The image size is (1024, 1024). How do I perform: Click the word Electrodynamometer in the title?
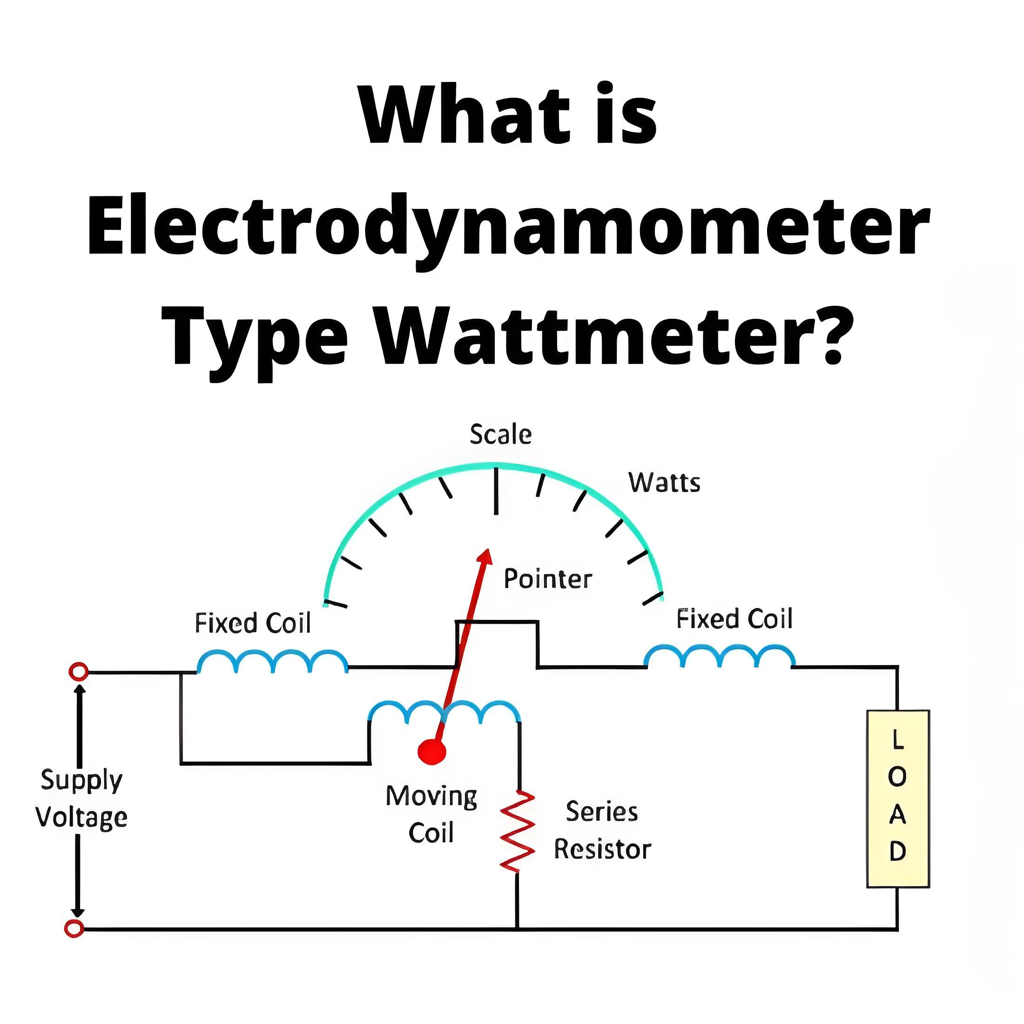coord(508,231)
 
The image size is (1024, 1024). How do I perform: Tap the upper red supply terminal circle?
coord(79,672)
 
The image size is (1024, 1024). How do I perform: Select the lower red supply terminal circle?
coord(74,929)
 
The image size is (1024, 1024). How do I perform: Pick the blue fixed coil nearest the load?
coord(720,656)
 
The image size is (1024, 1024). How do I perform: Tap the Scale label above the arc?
coord(501,435)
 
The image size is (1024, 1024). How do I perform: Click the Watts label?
coord(665,483)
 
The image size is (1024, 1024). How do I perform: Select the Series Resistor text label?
coord(603,830)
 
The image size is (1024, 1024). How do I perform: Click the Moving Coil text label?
coord(431,815)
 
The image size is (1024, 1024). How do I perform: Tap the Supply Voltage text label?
coord(81,799)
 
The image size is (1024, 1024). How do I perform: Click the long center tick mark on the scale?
coord(496,490)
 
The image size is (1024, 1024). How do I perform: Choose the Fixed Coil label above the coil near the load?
coord(734,619)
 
